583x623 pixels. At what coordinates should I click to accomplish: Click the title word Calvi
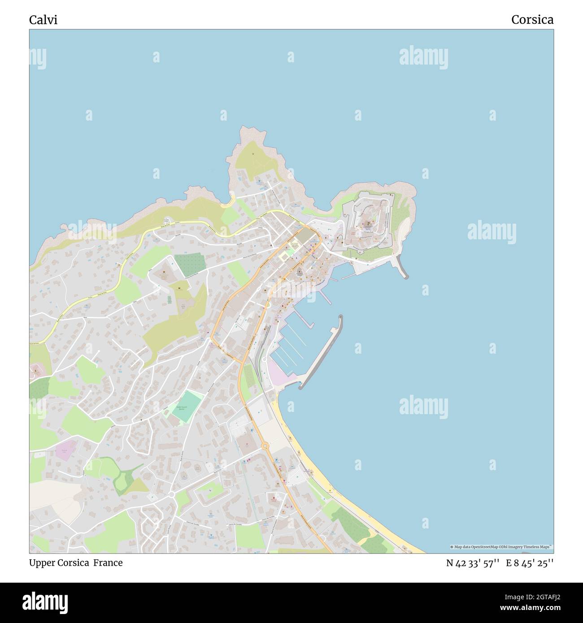(43, 20)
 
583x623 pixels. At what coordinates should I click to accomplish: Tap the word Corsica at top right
(532, 20)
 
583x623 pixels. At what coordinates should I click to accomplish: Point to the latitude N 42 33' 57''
(473, 563)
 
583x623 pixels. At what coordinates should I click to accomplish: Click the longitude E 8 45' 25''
(530, 563)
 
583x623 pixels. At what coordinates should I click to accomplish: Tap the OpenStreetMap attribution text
(501, 547)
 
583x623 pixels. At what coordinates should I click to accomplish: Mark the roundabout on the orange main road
(265, 446)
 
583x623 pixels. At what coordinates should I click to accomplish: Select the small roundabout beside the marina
(264, 359)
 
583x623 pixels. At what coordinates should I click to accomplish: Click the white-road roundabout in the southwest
(171, 494)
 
